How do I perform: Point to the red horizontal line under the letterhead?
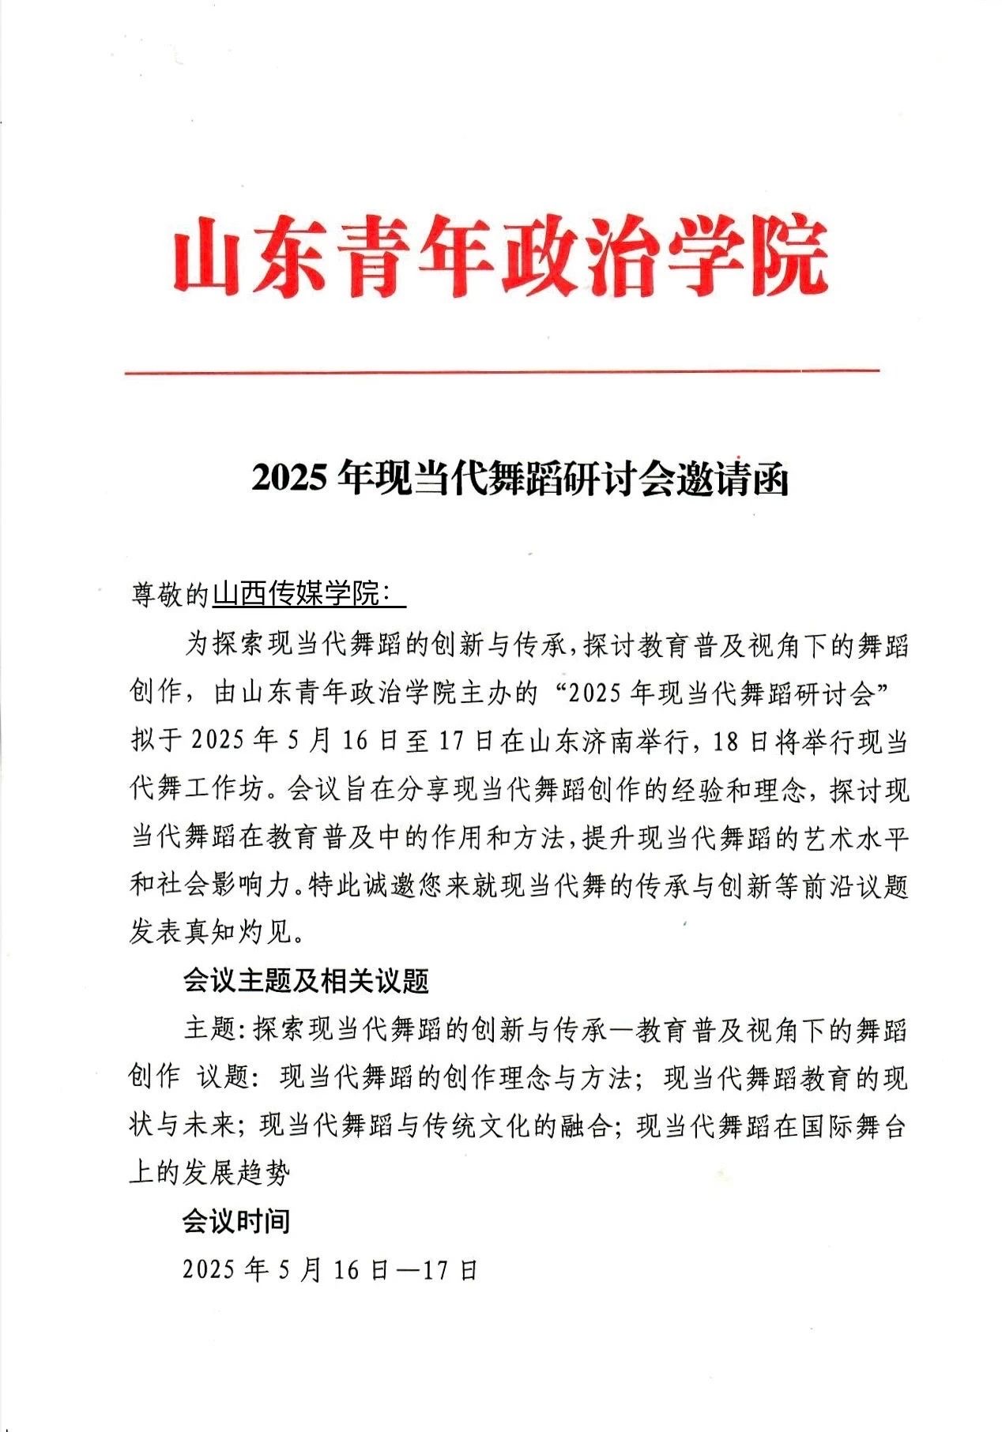[502, 370]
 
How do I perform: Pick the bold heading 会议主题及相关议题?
[307, 981]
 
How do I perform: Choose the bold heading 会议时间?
[236, 1221]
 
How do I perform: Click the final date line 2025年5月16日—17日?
[330, 1269]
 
